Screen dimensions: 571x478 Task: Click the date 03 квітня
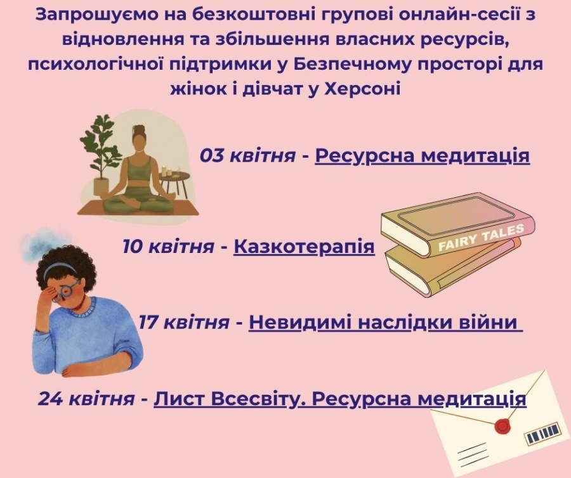[247, 156]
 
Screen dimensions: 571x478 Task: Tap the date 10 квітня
[168, 247]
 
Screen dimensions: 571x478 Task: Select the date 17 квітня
[184, 322]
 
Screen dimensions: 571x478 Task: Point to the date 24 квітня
[86, 398]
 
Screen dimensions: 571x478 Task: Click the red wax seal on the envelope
[503, 425]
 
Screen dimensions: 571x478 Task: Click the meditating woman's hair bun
[138, 129]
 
